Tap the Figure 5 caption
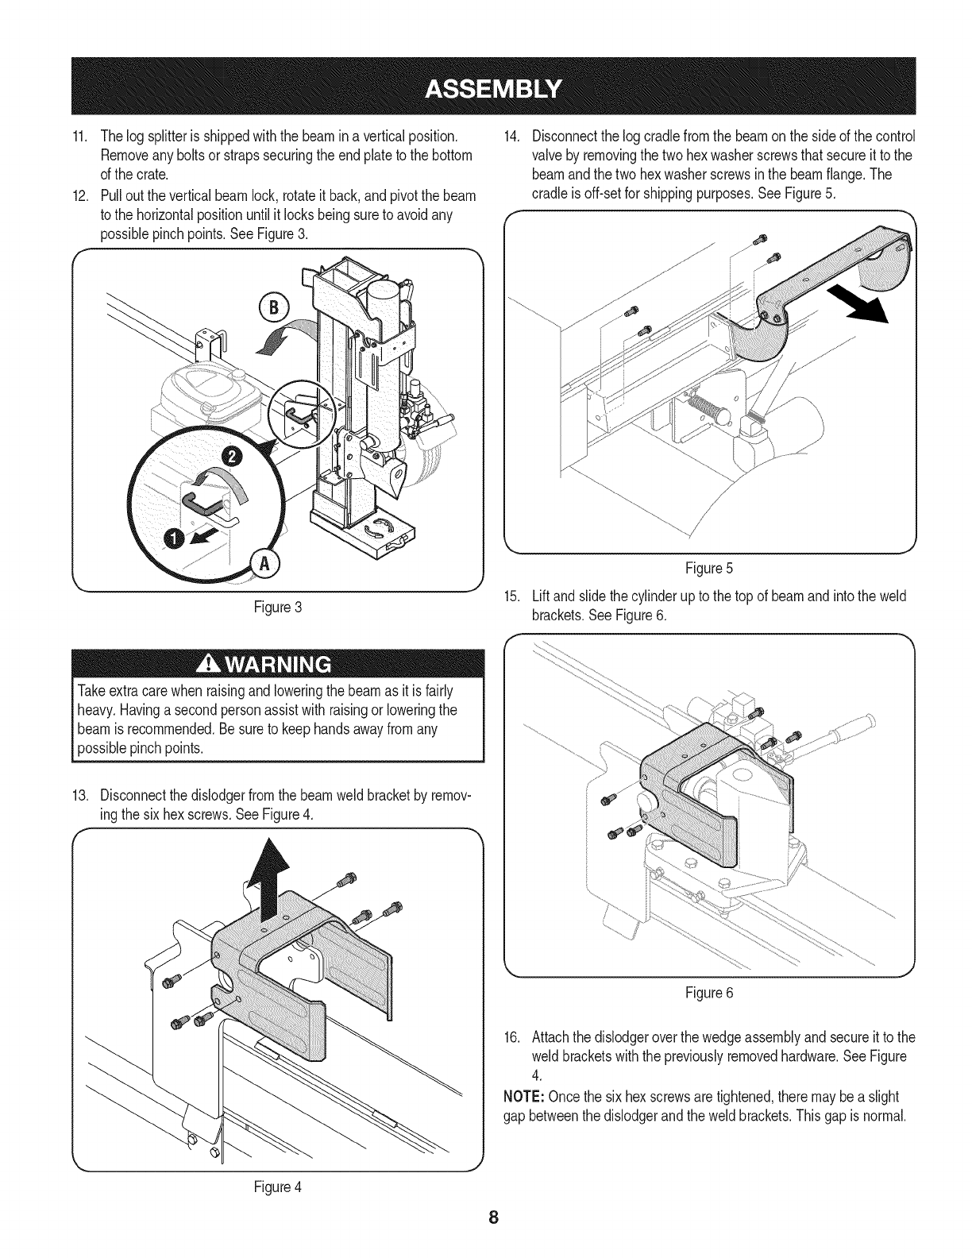point(709,568)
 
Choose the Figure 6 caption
point(709,993)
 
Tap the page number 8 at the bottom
point(492,1218)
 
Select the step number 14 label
point(512,133)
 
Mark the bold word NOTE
point(523,1097)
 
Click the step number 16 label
point(512,1037)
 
